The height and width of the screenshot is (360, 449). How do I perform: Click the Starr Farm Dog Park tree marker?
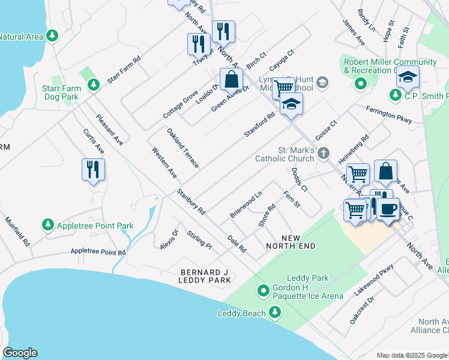(93, 85)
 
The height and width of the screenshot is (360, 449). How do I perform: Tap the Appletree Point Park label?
(95, 226)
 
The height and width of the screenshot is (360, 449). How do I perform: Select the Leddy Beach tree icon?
(275, 312)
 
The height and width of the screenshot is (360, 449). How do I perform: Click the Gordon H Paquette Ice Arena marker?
(263, 292)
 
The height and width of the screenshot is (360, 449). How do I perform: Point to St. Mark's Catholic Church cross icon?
(324, 153)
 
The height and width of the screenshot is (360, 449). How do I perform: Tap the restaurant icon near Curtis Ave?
(93, 169)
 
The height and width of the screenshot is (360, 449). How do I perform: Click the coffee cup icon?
(387, 208)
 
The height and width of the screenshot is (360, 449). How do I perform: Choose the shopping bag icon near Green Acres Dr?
(231, 79)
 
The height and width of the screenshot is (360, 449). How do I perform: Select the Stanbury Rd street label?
(191, 202)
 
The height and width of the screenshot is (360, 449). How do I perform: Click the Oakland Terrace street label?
(182, 148)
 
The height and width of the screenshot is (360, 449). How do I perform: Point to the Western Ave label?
(164, 163)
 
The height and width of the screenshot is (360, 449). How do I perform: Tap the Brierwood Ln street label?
(246, 205)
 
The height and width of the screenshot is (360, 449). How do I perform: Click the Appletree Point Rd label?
(98, 252)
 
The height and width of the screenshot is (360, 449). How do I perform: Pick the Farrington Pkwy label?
(389, 115)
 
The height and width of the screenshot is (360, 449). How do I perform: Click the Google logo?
(20, 353)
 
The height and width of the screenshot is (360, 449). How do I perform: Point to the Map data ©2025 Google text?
(412, 355)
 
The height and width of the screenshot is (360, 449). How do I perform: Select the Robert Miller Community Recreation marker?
(360, 84)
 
